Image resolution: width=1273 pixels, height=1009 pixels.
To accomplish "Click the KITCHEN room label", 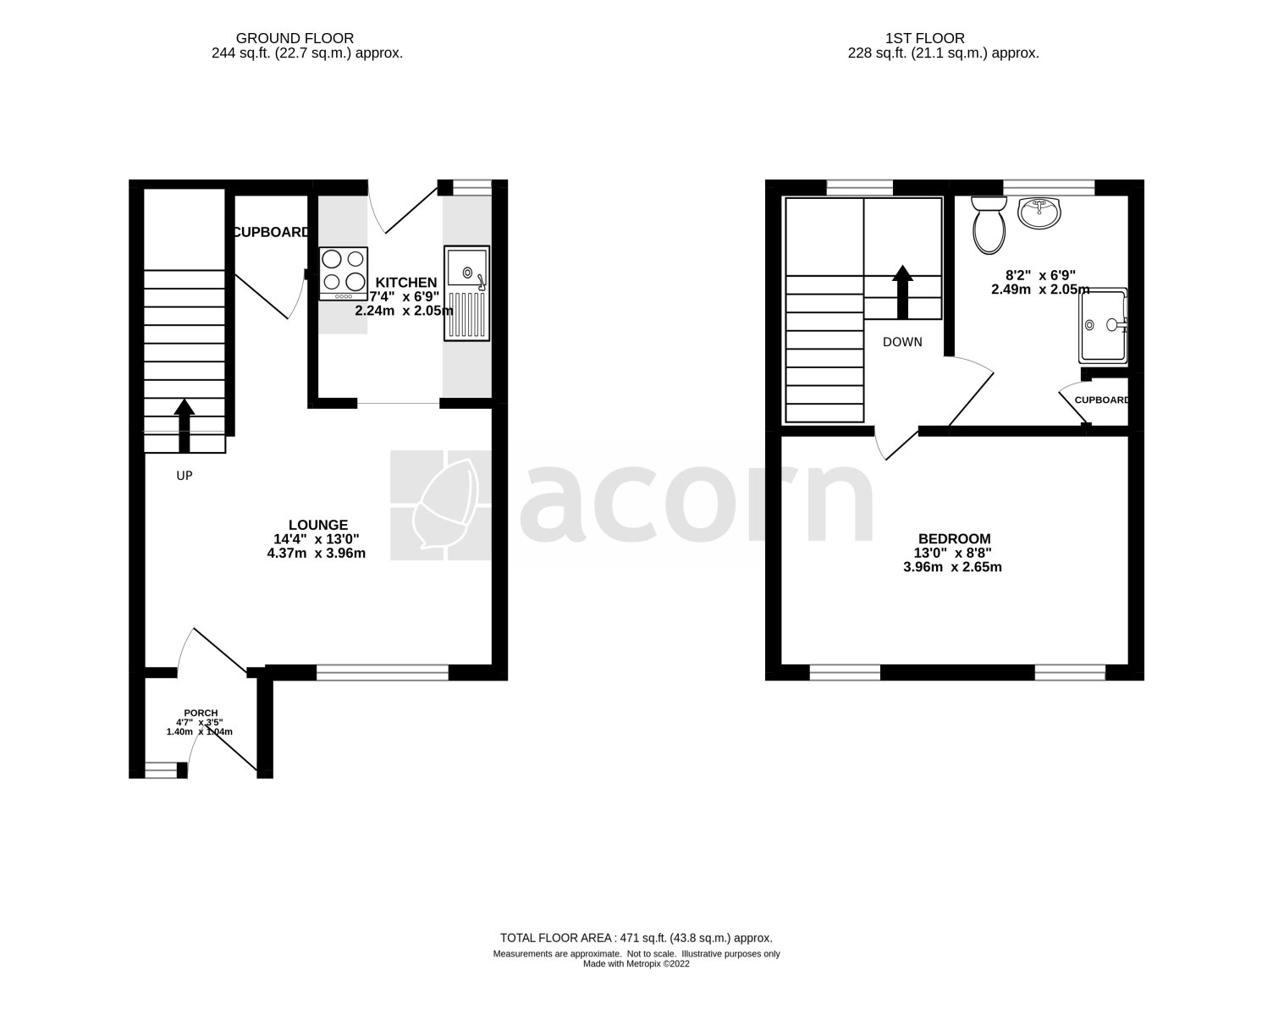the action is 405,283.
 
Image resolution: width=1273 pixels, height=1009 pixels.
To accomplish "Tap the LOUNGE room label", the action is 318,525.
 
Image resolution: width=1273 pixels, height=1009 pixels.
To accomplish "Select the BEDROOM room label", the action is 954,539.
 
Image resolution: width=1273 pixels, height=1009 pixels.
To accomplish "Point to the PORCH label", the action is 201,713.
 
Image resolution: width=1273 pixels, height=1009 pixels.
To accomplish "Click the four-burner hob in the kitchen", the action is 344,273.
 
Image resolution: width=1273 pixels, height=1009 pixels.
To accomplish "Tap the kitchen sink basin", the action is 466,268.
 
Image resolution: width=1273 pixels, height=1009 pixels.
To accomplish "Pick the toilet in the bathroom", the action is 989,225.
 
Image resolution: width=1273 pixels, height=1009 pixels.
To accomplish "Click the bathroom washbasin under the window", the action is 1039,213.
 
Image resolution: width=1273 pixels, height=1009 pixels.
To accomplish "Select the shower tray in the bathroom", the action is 1103,326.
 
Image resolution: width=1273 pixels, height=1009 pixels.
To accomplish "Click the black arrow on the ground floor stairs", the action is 185,426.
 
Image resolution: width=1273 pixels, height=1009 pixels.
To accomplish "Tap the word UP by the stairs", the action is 185,476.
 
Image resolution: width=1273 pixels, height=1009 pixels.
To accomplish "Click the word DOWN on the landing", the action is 902,342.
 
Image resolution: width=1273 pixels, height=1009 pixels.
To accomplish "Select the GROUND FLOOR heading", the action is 295,38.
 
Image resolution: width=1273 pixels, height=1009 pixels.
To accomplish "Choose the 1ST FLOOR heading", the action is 924,38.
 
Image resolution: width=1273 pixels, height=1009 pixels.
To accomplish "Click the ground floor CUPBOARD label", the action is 271,233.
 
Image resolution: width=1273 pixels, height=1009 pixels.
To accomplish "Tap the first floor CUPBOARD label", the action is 1101,400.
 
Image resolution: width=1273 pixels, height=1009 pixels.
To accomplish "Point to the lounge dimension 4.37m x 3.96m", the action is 316,554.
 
